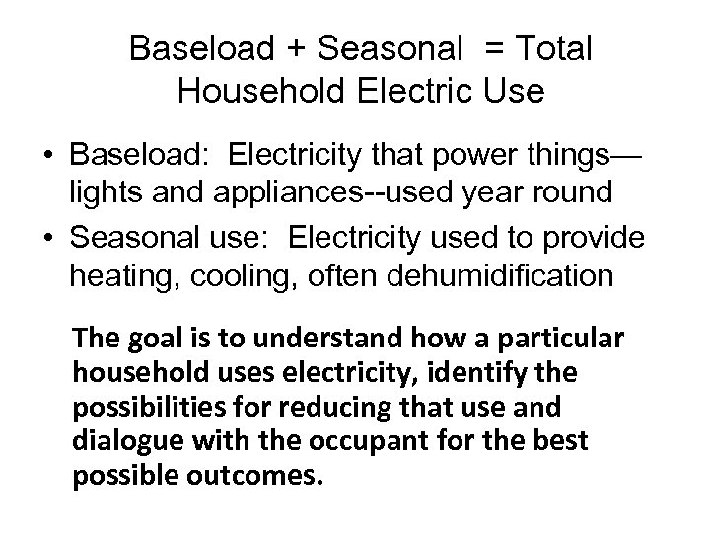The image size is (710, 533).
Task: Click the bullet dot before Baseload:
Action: pos(46,155)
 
